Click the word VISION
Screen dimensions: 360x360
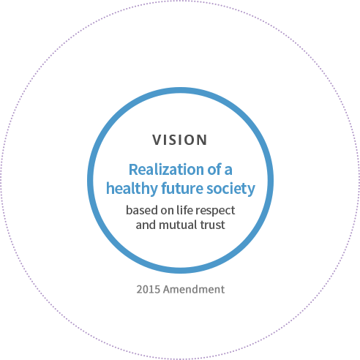point(180,140)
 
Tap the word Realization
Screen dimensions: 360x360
point(166,170)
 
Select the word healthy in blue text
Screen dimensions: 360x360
point(132,189)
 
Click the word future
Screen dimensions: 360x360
point(182,189)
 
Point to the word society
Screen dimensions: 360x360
point(230,189)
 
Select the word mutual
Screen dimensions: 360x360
point(179,225)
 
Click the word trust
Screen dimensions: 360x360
point(212,225)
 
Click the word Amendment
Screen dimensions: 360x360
point(194,290)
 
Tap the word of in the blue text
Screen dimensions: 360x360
point(214,170)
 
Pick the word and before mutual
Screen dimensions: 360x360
point(146,225)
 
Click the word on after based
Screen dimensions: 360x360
point(167,211)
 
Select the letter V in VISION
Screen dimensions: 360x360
point(157,140)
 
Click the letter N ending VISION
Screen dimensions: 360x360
point(203,140)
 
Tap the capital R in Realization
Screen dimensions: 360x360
point(133,170)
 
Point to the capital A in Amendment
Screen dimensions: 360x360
point(168,290)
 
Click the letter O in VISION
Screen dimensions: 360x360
point(190,140)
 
